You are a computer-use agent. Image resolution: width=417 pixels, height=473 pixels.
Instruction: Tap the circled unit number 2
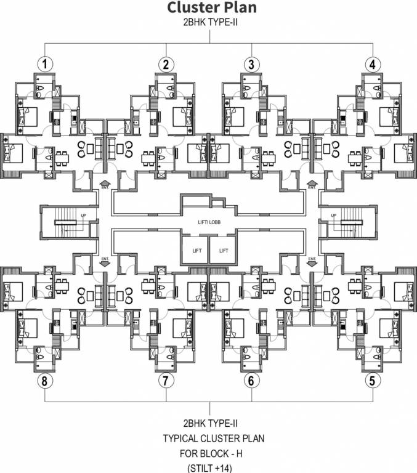coord(165,64)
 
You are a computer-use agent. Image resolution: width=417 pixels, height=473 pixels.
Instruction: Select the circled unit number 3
coord(250,64)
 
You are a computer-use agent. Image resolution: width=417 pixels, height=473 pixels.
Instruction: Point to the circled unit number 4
coord(371,64)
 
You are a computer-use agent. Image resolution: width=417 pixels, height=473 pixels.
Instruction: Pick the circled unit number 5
coord(371,381)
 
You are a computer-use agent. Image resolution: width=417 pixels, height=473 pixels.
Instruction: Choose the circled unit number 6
coord(250,381)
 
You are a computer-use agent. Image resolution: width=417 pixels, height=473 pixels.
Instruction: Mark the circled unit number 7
coord(165,381)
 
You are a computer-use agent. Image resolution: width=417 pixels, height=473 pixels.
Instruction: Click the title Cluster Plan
coord(209,8)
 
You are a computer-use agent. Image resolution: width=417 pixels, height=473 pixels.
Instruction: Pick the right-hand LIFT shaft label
coord(223,251)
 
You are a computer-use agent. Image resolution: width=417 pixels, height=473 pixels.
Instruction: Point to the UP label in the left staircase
coord(83,215)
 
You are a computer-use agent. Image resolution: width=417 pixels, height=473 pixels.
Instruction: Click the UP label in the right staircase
coord(333,215)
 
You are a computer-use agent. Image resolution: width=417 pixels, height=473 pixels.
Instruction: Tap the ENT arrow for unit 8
coord(104,261)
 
